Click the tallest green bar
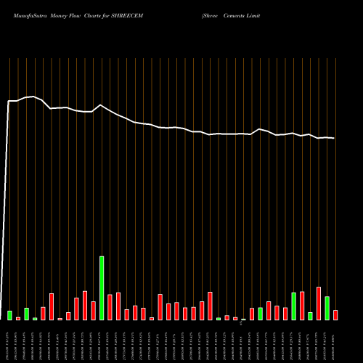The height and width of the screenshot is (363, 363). click(102, 288)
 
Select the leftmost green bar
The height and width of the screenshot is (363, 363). click(9, 315)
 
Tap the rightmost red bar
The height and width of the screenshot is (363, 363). click(335, 315)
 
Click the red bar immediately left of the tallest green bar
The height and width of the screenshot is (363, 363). click(94, 311)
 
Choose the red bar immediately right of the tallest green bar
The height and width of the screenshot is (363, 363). click(110, 307)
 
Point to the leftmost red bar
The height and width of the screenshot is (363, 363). click(18, 318)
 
